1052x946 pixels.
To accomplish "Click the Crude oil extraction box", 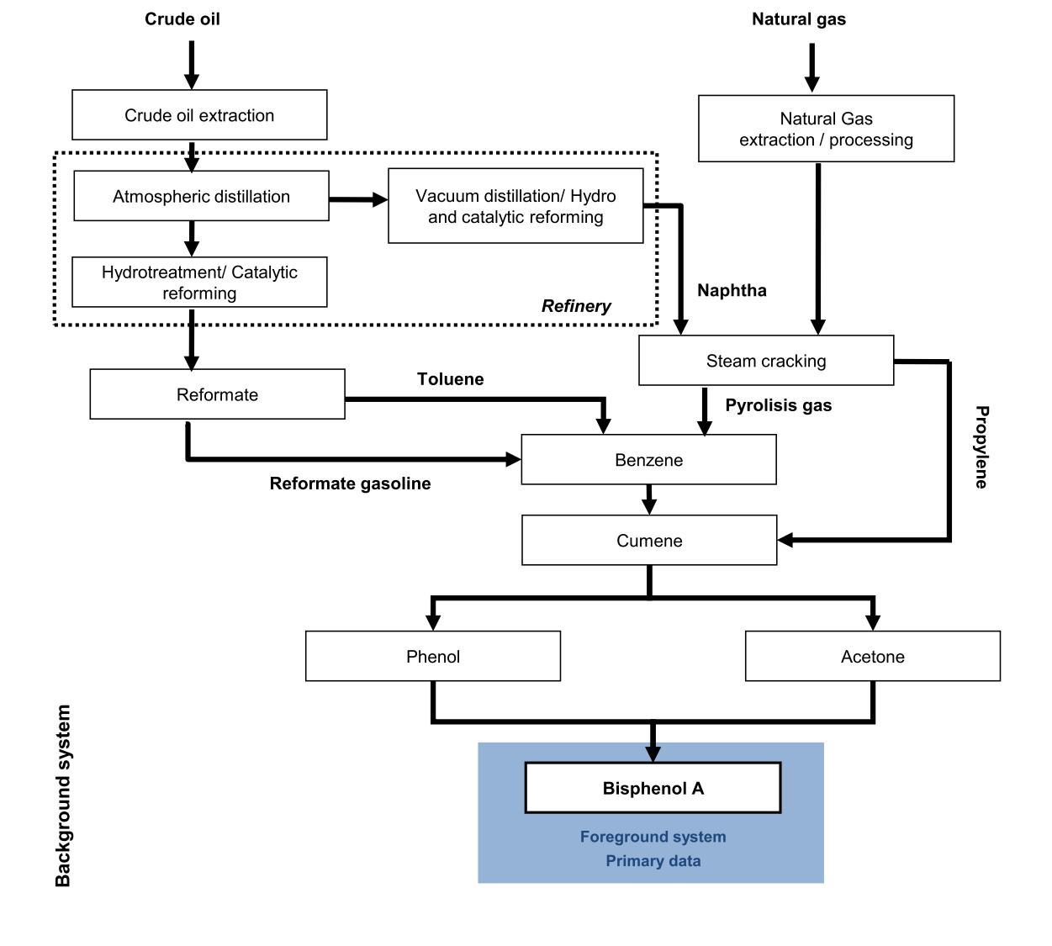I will point(199,115).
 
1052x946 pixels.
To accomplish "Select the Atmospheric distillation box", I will point(201,196).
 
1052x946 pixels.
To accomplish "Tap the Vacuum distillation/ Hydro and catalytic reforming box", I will point(515,206).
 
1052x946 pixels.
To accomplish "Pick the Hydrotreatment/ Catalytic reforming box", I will point(199,283).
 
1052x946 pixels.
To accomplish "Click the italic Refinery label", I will point(576,306).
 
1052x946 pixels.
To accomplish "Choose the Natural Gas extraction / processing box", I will point(826,129).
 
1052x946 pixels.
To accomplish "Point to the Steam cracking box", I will point(765,361).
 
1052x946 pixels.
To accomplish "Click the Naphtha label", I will point(732,290).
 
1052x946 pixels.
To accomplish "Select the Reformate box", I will point(217,394).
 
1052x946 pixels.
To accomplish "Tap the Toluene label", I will point(450,379).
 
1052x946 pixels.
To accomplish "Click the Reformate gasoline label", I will point(350,484).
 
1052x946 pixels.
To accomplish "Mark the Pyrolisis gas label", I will point(778,405).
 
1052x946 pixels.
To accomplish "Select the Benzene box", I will point(648,460).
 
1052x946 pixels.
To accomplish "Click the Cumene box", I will point(648,541).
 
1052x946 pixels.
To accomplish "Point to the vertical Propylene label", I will point(981,447).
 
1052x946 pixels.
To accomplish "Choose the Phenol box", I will point(432,657).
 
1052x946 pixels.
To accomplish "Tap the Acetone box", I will point(872,657).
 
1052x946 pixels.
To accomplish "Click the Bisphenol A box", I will point(653,788).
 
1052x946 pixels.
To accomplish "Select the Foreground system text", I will point(653,837).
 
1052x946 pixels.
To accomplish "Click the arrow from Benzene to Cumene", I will point(648,499).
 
